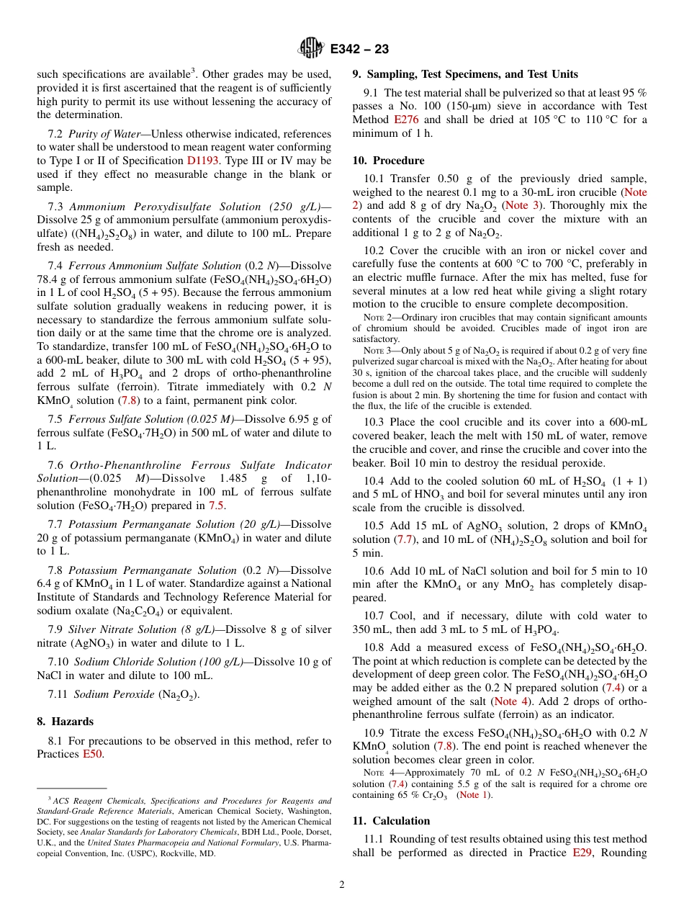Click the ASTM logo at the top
click(x=311, y=48)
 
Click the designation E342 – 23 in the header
click(x=359, y=49)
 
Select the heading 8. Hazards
click(x=65, y=721)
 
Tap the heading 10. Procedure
click(x=388, y=160)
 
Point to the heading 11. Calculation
click(x=391, y=820)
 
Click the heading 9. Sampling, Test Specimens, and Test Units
click(x=464, y=73)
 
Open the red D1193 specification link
click(x=202, y=160)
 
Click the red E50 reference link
click(x=92, y=754)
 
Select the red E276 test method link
click(x=408, y=120)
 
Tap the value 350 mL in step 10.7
click(x=369, y=629)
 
